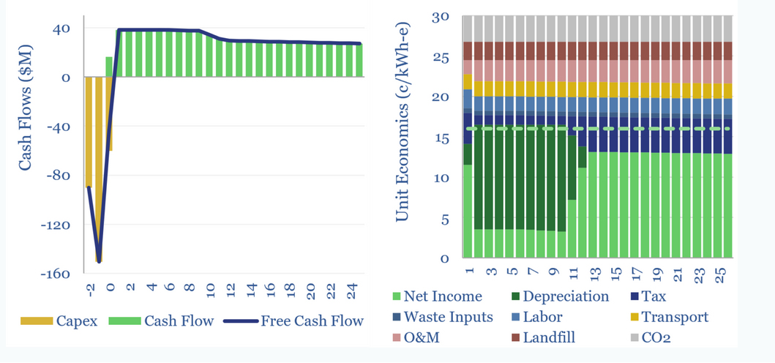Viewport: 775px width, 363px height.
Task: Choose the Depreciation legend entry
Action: (x=568, y=296)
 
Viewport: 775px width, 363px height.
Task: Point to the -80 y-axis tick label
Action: (x=59, y=176)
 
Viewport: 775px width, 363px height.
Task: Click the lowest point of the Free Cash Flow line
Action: (x=98, y=261)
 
